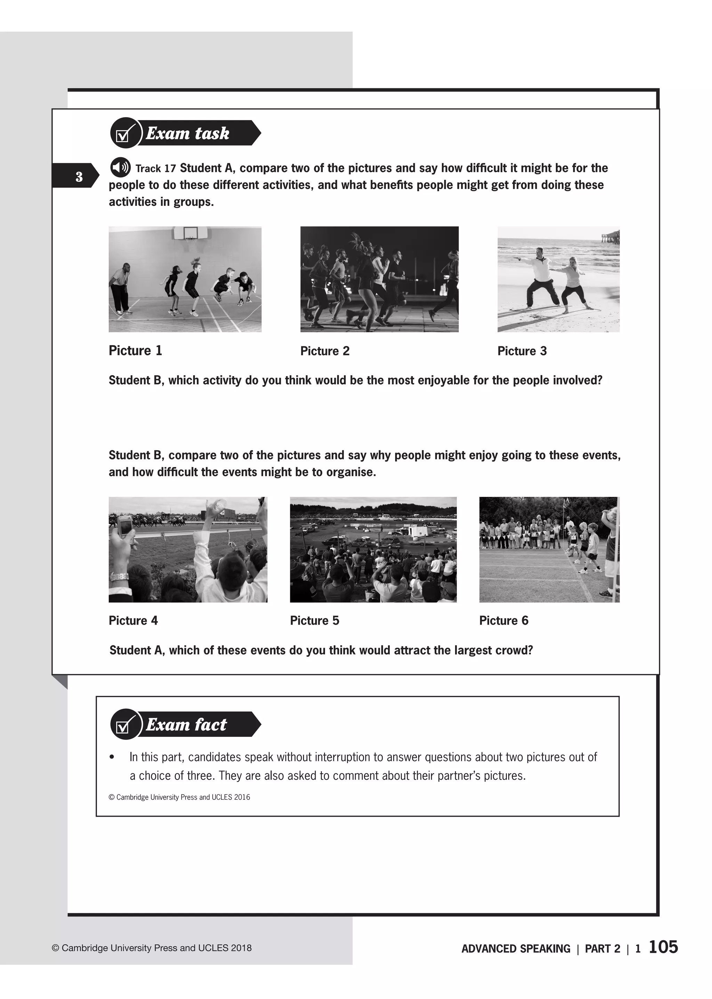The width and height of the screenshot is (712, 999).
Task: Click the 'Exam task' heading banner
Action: click(x=186, y=133)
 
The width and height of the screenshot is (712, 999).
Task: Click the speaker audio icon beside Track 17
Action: click(x=120, y=167)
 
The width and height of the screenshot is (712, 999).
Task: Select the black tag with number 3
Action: click(x=75, y=176)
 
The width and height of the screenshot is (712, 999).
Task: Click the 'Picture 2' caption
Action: click(x=324, y=351)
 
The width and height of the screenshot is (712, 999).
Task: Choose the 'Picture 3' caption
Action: click(x=522, y=351)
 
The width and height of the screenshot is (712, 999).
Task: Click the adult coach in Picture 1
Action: click(x=119, y=287)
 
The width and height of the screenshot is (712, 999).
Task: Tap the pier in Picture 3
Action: click(x=609, y=237)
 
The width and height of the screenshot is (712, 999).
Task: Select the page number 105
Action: click(x=663, y=946)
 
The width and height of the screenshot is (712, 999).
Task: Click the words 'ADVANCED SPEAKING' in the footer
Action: click(x=516, y=949)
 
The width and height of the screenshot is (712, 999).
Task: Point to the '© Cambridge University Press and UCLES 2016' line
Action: click(x=179, y=797)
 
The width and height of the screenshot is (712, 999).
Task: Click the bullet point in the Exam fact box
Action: click(x=112, y=757)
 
